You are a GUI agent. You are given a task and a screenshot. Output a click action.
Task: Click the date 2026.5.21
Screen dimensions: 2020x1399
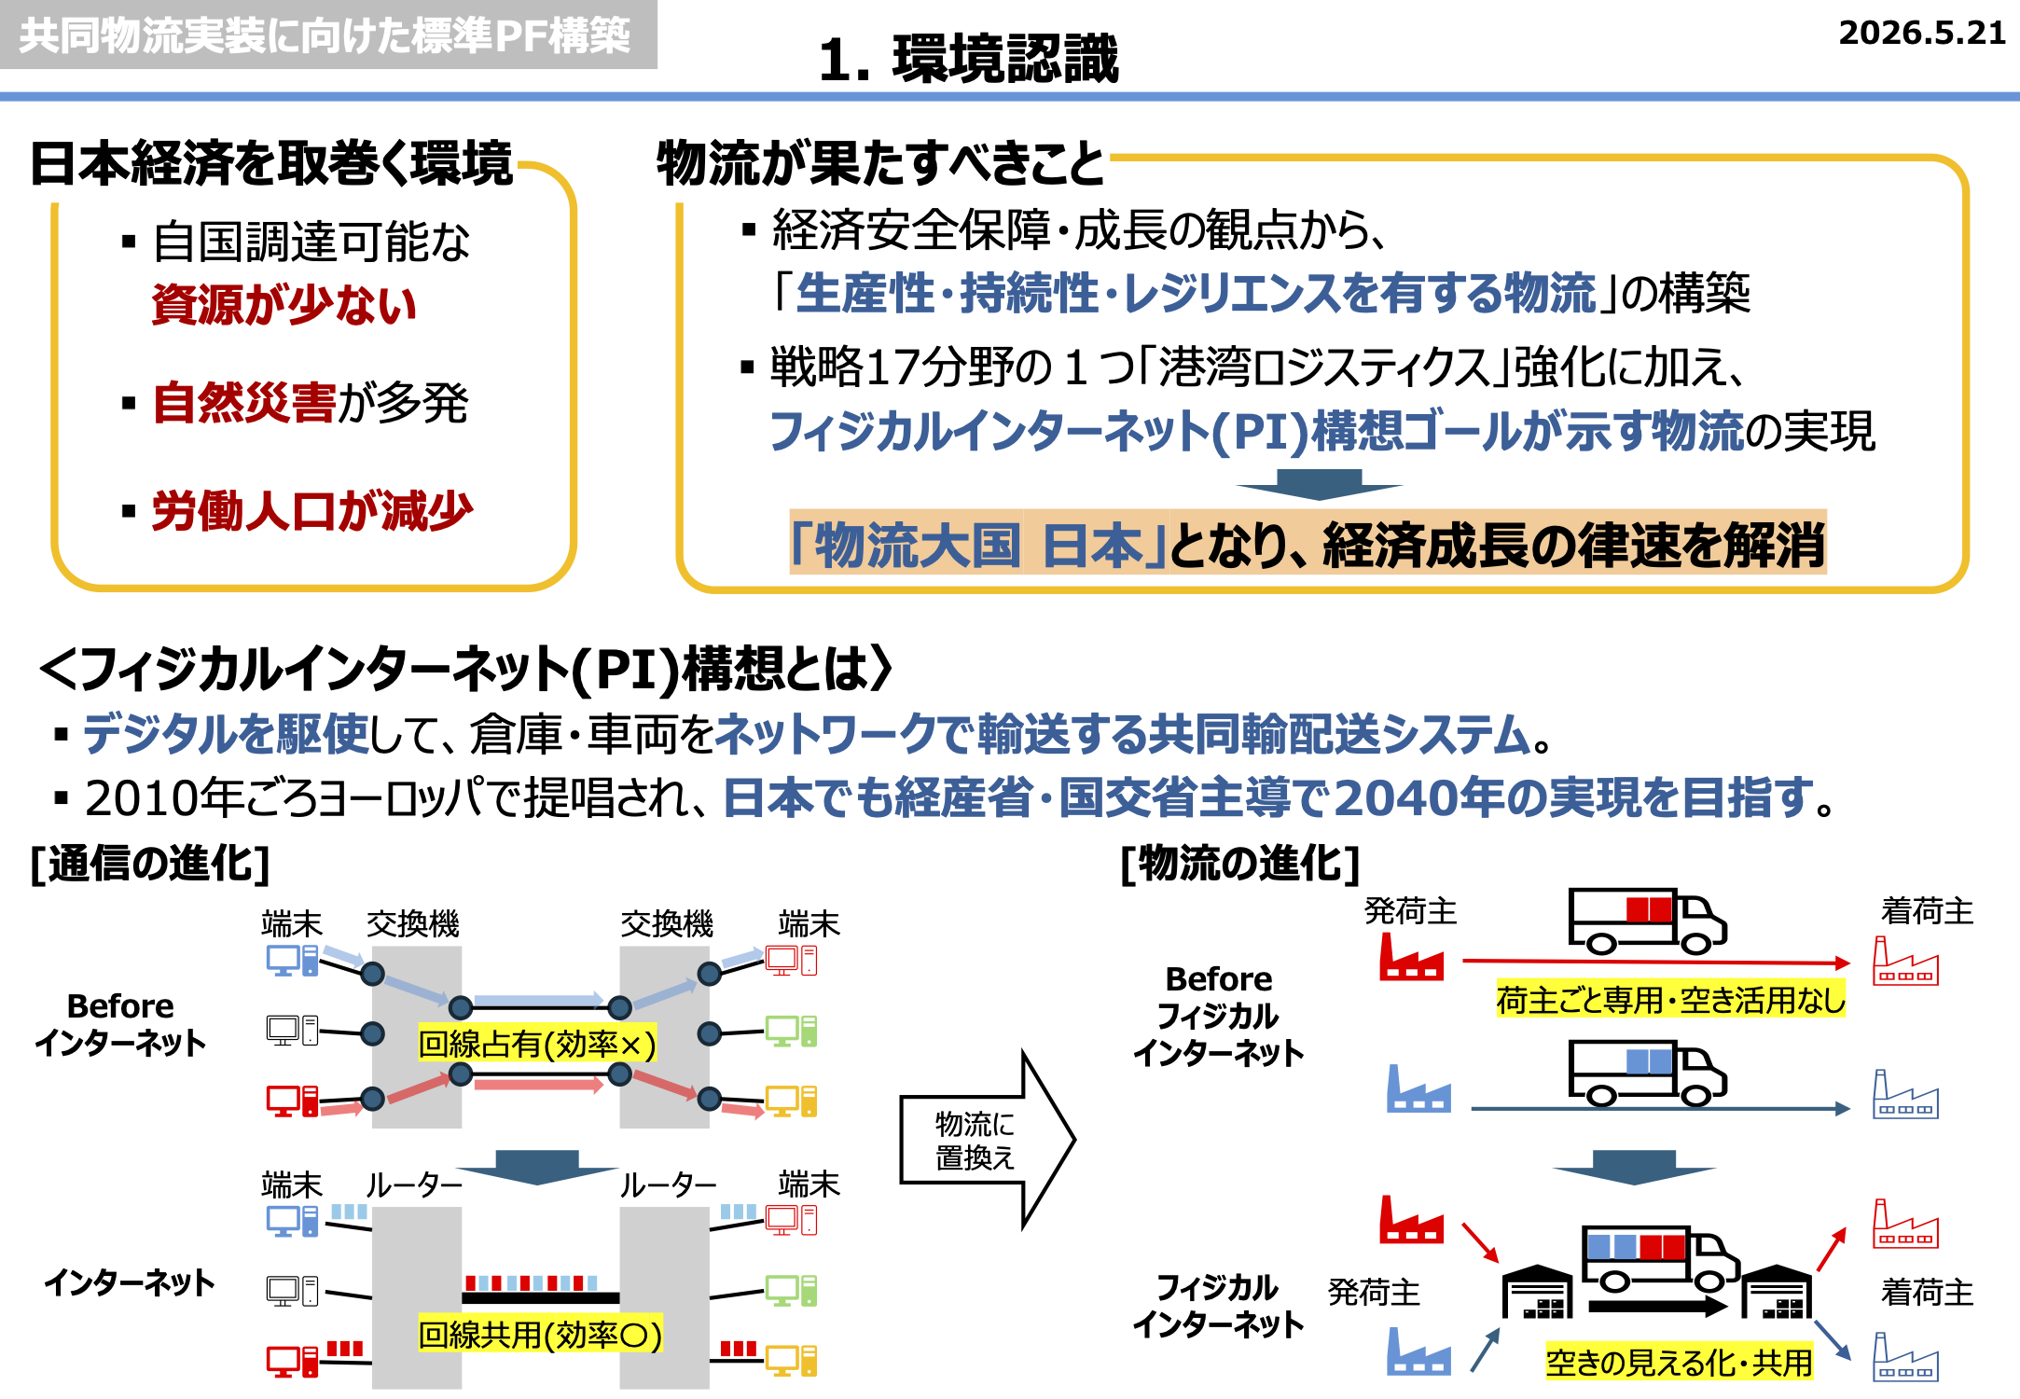point(1921,34)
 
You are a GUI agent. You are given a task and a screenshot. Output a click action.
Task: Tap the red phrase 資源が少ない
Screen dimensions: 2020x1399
point(284,304)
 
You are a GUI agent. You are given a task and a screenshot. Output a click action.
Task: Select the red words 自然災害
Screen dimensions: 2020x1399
point(244,403)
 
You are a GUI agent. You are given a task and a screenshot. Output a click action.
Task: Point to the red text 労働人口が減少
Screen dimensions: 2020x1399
point(312,511)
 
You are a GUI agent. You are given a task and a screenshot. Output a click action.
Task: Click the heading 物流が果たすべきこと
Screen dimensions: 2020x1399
point(880,163)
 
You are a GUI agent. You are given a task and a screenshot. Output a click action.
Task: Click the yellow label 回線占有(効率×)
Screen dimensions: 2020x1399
point(537,1044)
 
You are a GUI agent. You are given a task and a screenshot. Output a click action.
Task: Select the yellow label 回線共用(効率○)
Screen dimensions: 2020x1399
point(540,1335)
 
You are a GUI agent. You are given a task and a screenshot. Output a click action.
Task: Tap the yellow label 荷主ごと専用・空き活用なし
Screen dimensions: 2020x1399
point(1670,1000)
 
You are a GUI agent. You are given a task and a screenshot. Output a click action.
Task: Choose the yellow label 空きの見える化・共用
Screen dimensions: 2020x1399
point(1679,1362)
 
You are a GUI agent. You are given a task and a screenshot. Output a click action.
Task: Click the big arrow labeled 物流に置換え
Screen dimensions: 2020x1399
point(987,1139)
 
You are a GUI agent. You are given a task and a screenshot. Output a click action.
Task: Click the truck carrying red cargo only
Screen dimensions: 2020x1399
point(1647,921)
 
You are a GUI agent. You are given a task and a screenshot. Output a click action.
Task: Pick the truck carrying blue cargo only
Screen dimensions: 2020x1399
point(1647,1073)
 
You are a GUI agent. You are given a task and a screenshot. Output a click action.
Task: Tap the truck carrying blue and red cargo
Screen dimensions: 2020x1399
point(1660,1259)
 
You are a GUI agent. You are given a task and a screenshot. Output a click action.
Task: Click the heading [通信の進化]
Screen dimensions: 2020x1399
point(150,864)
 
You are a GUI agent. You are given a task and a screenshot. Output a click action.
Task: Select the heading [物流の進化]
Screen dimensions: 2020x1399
point(1240,864)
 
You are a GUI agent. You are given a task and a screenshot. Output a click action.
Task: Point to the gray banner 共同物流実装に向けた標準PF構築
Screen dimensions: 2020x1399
point(326,35)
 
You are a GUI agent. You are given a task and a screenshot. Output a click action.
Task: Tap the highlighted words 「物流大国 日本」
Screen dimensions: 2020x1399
point(978,545)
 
